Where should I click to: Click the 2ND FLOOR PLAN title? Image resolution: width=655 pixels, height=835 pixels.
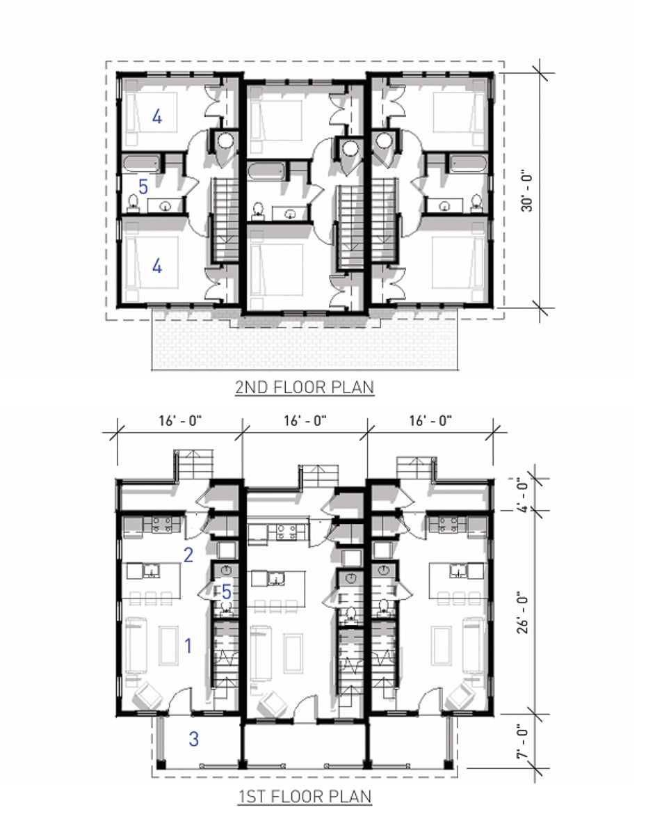pos(305,388)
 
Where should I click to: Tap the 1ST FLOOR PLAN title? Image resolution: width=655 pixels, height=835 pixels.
pos(305,796)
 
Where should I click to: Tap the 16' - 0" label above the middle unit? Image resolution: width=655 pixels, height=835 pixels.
pos(305,420)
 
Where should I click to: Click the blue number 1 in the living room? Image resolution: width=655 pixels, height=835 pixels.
pos(188,646)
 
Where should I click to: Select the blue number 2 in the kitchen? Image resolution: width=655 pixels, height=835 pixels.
pos(188,555)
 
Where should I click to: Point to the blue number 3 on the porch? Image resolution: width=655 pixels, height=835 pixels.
pos(194,738)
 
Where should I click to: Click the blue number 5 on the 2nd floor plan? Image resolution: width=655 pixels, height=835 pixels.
pos(143,186)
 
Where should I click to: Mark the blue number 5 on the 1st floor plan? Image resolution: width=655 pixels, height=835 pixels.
pos(227,592)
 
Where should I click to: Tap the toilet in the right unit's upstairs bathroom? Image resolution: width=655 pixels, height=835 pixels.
pos(476,201)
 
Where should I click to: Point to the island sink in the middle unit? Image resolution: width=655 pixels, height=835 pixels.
pos(277,578)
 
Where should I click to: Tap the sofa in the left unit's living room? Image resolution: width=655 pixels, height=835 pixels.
pos(136,645)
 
